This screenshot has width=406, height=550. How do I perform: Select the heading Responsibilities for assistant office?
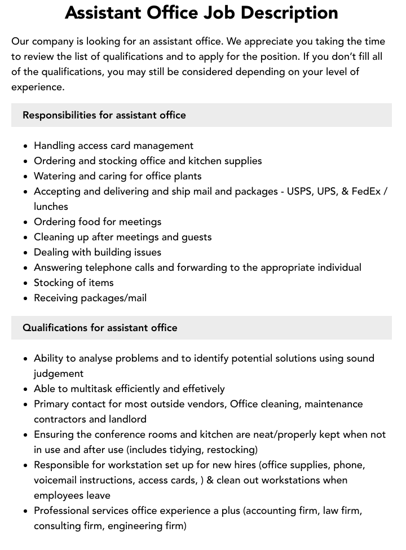click(104, 115)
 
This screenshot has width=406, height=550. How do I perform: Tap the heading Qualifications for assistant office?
click(100, 328)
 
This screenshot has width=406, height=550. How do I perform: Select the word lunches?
click(51, 206)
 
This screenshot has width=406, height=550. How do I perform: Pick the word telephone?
click(108, 267)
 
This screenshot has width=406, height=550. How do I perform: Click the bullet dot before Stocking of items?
click(25, 283)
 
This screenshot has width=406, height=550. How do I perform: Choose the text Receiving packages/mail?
click(90, 298)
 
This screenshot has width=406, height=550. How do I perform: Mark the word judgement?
click(59, 373)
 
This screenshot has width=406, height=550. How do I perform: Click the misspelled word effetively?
click(203, 389)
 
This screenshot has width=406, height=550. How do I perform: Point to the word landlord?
click(127, 419)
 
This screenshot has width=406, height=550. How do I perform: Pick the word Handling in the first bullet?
click(55, 146)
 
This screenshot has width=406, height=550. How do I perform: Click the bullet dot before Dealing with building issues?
click(25, 253)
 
